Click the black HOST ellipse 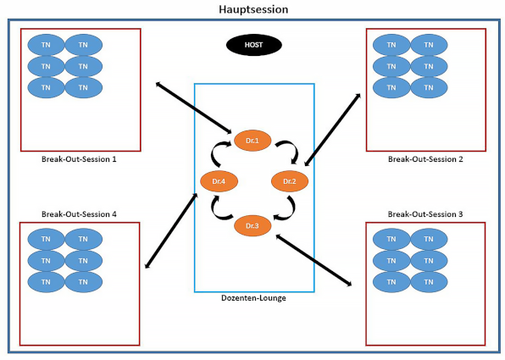click(x=254, y=45)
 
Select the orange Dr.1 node click(x=252, y=141)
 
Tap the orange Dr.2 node click(x=290, y=181)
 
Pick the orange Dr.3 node click(x=252, y=225)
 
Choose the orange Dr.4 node click(x=219, y=181)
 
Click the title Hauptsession click(x=253, y=9)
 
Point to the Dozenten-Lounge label click(x=253, y=298)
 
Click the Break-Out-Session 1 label click(x=79, y=159)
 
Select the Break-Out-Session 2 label click(x=425, y=159)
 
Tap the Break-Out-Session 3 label click(x=425, y=214)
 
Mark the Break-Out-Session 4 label click(x=79, y=214)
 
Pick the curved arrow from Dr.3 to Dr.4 click(x=215, y=212)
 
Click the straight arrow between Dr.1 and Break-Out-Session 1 click(x=193, y=108)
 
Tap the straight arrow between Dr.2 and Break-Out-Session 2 click(x=332, y=130)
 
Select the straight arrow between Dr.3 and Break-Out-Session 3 click(x=314, y=260)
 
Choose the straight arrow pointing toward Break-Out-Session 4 click(x=171, y=230)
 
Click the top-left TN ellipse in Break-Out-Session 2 click(x=391, y=45)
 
